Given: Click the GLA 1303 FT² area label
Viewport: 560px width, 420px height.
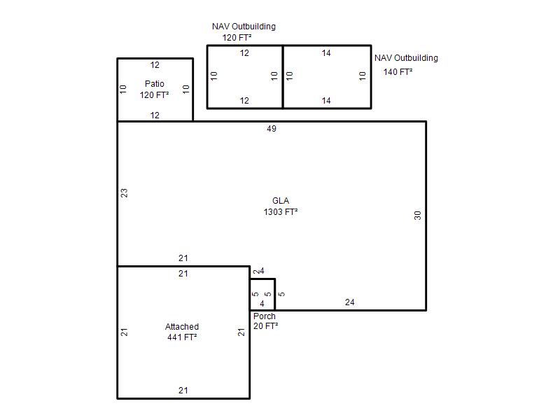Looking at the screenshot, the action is pyautogui.click(x=281, y=206).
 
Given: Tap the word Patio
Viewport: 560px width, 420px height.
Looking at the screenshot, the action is pyautogui.click(x=155, y=83).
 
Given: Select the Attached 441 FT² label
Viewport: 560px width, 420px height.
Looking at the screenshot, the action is pyautogui.click(x=182, y=332).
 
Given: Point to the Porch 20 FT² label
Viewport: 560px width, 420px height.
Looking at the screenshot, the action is pyautogui.click(x=266, y=321).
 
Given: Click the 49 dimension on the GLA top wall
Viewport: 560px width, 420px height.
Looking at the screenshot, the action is pyautogui.click(x=272, y=129).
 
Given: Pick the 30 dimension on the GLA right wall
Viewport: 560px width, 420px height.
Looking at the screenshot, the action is pyautogui.click(x=417, y=216).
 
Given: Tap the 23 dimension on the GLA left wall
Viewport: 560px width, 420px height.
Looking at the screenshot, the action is pyautogui.click(x=124, y=193).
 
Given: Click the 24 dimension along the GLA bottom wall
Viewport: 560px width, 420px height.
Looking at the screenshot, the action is pyautogui.click(x=349, y=302).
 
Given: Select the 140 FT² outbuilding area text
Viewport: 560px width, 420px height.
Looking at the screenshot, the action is pyautogui.click(x=398, y=72).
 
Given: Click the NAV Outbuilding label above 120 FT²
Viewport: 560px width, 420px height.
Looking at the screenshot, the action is pyautogui.click(x=244, y=27).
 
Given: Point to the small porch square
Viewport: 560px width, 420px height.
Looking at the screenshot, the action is pyautogui.click(x=262, y=295).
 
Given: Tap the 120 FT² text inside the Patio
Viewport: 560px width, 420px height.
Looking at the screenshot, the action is pyautogui.click(x=154, y=95).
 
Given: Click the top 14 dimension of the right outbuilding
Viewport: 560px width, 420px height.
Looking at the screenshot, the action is pyautogui.click(x=326, y=53).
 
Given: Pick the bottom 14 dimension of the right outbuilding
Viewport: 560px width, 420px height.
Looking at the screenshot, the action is pyautogui.click(x=326, y=101).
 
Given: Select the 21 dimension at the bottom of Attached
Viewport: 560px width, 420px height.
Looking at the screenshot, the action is pyautogui.click(x=183, y=391).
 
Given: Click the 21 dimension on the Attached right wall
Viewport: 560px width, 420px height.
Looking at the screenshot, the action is pyautogui.click(x=241, y=332).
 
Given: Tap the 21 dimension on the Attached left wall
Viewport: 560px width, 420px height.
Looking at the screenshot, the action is pyautogui.click(x=124, y=332).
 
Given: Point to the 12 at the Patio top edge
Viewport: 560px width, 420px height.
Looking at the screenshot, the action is pyautogui.click(x=155, y=65).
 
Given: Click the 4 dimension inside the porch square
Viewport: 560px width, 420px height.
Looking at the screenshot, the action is pyautogui.click(x=262, y=304).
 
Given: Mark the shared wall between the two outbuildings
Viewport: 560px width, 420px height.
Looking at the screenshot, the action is pyautogui.click(x=283, y=77).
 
